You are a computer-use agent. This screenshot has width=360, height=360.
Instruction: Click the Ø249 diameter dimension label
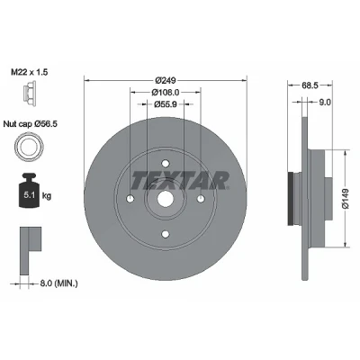pos(165,80)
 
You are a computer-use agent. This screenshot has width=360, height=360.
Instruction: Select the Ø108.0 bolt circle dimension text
pos(166,92)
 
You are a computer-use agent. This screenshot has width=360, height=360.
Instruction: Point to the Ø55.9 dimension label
pos(166,104)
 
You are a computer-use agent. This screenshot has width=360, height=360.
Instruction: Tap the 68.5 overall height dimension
pos(310,85)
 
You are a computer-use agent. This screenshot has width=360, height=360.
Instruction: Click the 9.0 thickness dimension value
pos(325,103)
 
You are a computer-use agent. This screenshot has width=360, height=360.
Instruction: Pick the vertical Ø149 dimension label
pos(346,198)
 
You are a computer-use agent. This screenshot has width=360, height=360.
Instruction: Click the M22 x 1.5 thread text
pos(30,72)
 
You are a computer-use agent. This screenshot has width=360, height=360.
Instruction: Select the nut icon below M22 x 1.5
pos(30,94)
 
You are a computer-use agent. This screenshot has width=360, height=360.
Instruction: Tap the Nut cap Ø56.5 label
pos(31,123)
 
